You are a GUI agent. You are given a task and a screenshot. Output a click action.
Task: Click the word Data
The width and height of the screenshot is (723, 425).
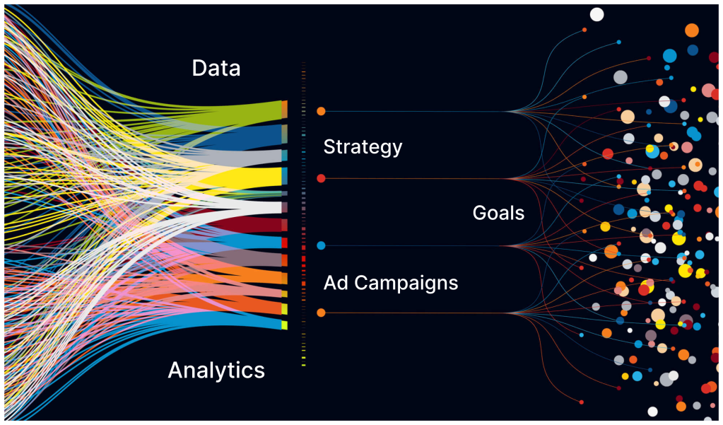[216, 69]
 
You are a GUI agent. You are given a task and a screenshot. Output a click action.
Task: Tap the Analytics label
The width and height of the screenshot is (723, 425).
[216, 370]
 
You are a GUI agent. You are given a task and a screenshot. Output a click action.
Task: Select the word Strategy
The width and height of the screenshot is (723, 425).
[363, 147]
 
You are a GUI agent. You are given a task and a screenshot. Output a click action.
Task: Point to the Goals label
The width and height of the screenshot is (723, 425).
[498, 212]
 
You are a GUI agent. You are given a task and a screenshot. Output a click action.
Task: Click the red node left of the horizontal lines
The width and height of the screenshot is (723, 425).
[321, 178]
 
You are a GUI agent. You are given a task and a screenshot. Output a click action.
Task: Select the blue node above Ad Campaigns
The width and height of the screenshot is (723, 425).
[321, 245]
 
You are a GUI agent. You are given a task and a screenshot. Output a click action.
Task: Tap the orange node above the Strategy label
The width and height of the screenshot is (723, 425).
[321, 111]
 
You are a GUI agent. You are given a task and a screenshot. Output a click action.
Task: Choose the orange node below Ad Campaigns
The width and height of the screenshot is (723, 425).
[321, 313]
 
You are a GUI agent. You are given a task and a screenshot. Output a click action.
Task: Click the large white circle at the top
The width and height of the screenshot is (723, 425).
[597, 14]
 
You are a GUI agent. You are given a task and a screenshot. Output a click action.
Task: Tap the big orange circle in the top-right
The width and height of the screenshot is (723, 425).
[692, 30]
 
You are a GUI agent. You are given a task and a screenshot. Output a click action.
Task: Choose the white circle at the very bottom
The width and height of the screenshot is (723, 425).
[652, 412]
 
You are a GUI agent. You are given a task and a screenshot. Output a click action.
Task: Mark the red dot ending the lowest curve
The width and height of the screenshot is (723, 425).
[582, 402]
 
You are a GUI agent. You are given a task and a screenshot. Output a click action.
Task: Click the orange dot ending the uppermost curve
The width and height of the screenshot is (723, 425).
[584, 30]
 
